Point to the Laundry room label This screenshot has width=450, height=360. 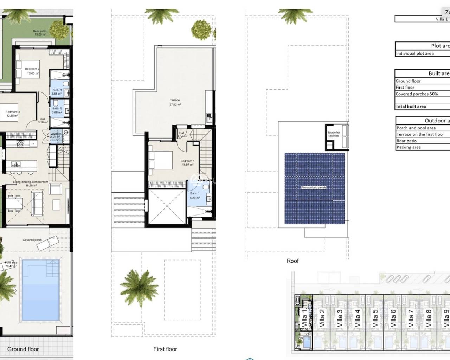tap(56, 134)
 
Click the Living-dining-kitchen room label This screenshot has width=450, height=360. tap(31, 182)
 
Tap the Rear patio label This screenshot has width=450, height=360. tap(40, 32)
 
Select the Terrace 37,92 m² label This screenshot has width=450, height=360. tap(175, 102)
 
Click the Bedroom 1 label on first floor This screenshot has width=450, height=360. tap(187, 161)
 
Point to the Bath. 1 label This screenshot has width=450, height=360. tap(194, 194)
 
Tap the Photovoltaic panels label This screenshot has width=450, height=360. tap(314, 188)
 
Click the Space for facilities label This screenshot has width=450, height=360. tap(334, 134)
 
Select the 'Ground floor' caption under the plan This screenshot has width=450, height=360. tap(23, 349)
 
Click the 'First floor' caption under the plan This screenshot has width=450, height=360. tap(165, 349)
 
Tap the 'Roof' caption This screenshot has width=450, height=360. tap(292, 261)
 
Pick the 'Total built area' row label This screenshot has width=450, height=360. tap(411, 107)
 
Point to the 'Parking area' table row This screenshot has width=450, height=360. tap(409, 147)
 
